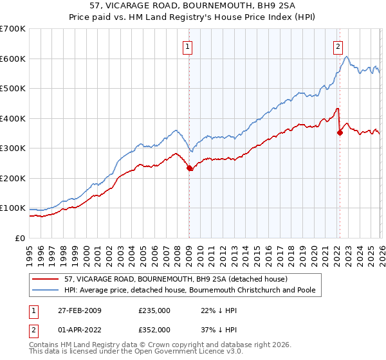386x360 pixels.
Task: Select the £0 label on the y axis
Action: click(x=21, y=238)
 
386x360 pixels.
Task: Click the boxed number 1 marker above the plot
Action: click(x=187, y=46)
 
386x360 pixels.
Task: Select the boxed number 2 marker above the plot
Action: click(x=338, y=46)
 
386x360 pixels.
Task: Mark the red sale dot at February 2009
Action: click(x=189, y=168)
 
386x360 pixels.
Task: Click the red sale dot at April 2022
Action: click(x=340, y=133)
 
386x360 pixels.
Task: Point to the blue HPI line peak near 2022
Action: click(x=346, y=57)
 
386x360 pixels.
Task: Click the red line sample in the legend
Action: click(x=46, y=279)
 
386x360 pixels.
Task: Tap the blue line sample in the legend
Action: click(x=46, y=290)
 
